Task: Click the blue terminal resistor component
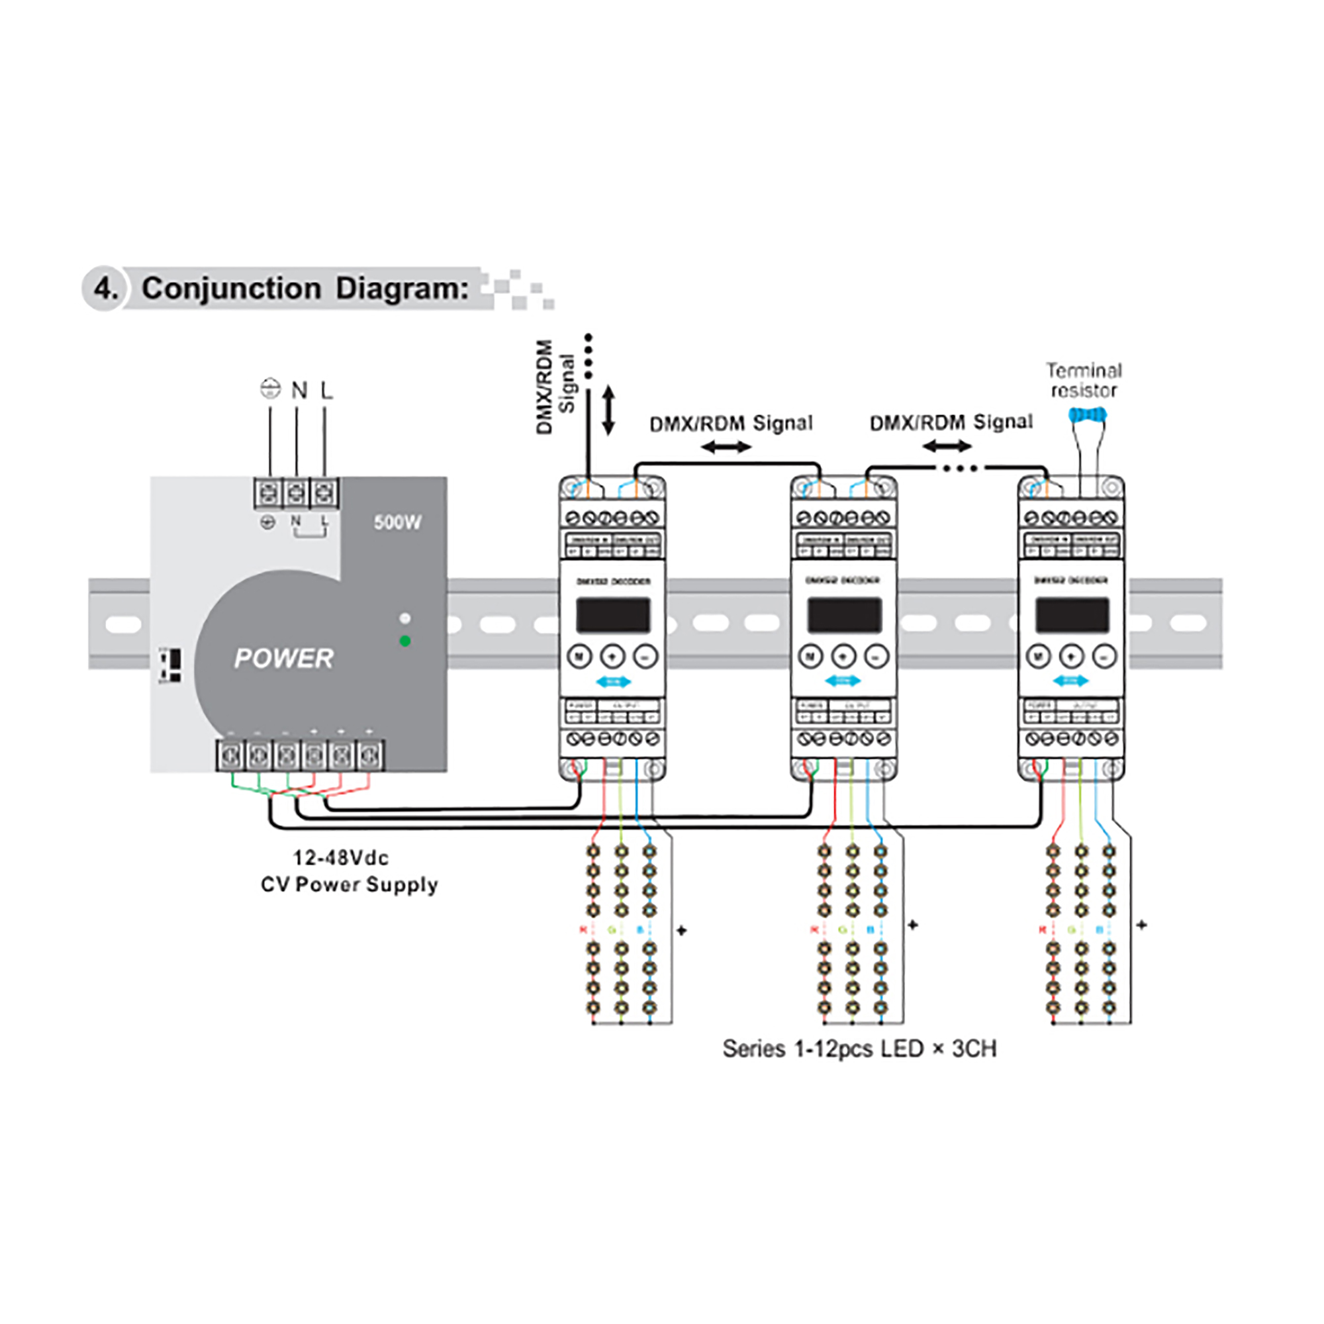(x=1088, y=414)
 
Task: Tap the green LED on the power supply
(x=405, y=641)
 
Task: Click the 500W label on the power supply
(x=397, y=522)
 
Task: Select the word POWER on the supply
(x=284, y=659)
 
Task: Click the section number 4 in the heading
(x=105, y=289)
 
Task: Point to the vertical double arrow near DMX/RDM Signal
(x=608, y=410)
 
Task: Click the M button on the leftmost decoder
(x=580, y=657)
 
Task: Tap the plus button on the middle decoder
(x=843, y=657)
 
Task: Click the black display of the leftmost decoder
(x=612, y=615)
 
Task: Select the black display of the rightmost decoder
(x=1072, y=615)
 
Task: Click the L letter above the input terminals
(x=327, y=391)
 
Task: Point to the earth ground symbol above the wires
(x=271, y=389)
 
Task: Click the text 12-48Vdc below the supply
(x=340, y=858)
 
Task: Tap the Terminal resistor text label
(x=1084, y=381)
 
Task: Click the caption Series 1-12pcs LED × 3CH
(x=859, y=1049)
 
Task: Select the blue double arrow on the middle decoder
(x=843, y=681)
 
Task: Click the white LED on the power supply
(x=405, y=618)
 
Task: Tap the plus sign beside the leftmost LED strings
(x=681, y=931)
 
